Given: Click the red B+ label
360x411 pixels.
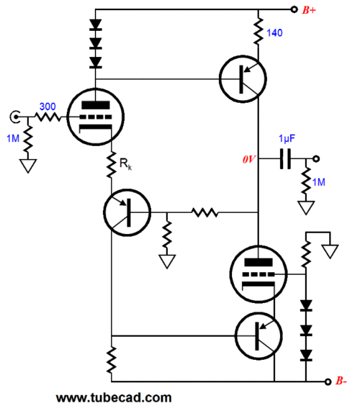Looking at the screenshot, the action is point(309,10).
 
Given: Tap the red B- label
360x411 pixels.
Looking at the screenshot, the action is point(341,381).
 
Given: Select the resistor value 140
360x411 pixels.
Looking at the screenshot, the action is point(274,33).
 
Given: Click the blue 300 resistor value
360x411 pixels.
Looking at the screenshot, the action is point(48,107).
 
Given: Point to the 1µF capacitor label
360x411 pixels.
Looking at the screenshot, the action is point(287,138).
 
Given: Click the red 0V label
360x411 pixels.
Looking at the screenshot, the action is point(249,159).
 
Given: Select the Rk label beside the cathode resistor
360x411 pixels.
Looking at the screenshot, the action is point(125,163).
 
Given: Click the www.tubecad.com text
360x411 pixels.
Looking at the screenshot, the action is point(114,397).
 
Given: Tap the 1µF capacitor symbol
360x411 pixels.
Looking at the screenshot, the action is point(285,159).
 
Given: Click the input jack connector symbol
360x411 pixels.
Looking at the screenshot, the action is point(15,117).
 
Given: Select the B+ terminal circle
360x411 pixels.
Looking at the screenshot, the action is point(294,9).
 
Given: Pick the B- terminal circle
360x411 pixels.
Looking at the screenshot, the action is point(328,381).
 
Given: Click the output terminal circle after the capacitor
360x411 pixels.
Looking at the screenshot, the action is point(316,159).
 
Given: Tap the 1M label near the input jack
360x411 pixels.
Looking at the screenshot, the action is point(13,138).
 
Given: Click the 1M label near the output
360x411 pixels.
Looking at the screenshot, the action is point(318,182).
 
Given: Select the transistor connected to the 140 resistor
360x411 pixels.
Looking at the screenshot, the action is point(243,79).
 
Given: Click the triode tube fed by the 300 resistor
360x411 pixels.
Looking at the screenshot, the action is point(96,117).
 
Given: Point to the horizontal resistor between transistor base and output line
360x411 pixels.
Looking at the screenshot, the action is point(204,212).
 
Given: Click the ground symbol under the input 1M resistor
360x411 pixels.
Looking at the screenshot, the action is point(28,166).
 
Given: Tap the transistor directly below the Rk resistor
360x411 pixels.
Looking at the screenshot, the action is point(127,212).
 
